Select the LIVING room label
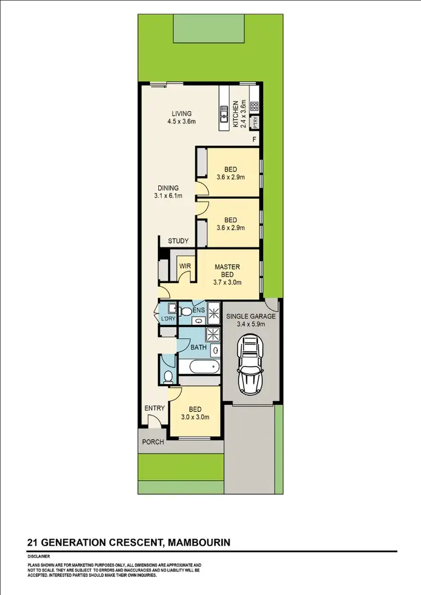tap(182, 113)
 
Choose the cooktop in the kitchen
tap(254, 106)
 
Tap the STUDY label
tap(178, 241)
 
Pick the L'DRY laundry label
tap(168, 319)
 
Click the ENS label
tap(198, 310)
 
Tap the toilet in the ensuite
tap(186, 310)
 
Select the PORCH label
tap(153, 442)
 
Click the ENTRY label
tap(154, 408)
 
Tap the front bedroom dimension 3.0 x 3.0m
tap(195, 417)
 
